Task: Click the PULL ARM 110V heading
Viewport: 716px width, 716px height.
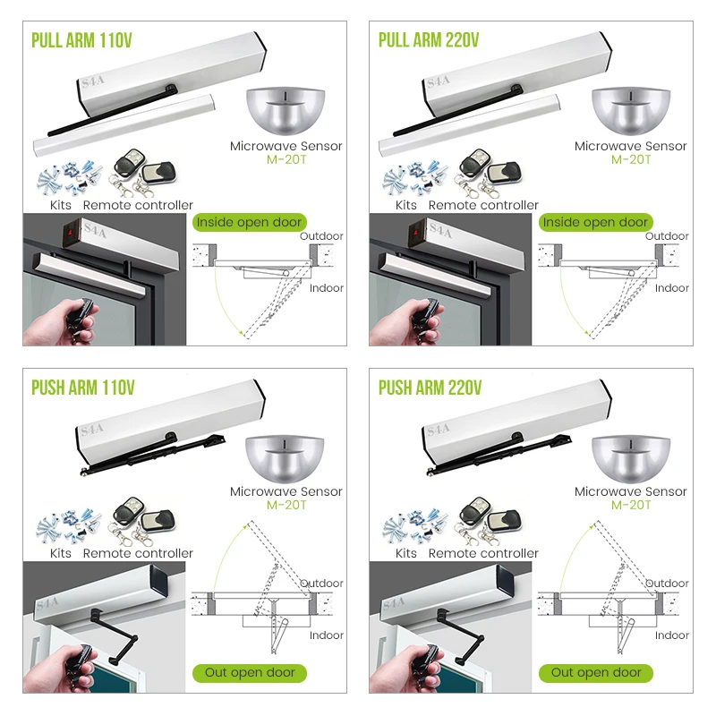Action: point(82,40)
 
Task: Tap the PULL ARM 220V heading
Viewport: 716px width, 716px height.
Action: point(429,40)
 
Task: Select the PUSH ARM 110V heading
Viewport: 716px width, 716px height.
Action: point(82,388)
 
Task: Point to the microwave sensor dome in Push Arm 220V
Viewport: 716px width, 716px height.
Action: point(631,457)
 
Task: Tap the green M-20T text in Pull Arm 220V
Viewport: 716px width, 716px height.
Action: point(631,159)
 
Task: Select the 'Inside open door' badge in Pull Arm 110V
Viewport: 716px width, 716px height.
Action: point(250,222)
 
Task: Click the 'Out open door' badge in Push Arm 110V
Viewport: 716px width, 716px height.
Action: point(250,672)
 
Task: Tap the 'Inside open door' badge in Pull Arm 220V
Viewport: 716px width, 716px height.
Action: point(595,222)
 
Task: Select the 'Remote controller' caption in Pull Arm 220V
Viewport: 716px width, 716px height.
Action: point(483,205)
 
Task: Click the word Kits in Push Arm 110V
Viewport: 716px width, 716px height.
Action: point(61,553)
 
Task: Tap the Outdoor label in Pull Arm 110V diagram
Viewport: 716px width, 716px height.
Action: point(321,236)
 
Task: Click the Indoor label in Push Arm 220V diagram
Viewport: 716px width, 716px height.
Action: point(671,635)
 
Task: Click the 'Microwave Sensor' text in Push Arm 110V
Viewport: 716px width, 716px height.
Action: point(286,491)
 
